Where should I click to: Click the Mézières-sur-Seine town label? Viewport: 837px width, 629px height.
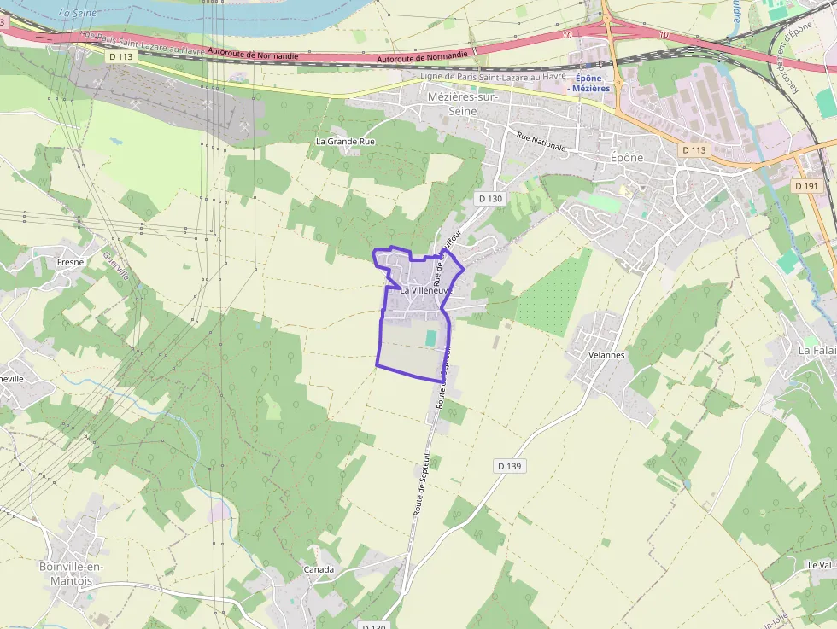tap(462, 105)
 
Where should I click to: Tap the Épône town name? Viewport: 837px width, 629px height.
tap(628, 158)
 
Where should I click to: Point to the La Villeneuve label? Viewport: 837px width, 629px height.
tap(424, 291)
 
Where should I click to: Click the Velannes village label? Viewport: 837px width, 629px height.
tap(607, 355)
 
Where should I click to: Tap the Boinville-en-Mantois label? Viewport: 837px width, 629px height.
tap(71, 573)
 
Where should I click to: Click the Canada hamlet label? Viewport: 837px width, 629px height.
tap(319, 569)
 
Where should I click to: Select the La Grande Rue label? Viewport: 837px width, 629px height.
tap(345, 141)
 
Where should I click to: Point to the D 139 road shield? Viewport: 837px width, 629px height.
tap(508, 466)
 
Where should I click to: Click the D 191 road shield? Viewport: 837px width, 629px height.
tap(805, 185)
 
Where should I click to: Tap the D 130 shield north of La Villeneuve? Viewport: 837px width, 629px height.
tap(490, 198)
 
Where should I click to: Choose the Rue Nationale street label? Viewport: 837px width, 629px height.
tap(541, 141)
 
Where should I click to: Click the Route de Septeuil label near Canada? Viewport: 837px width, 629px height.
tap(420, 482)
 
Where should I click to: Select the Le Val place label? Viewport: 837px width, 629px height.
tap(818, 565)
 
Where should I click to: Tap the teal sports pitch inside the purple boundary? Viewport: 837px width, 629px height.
tap(430, 338)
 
